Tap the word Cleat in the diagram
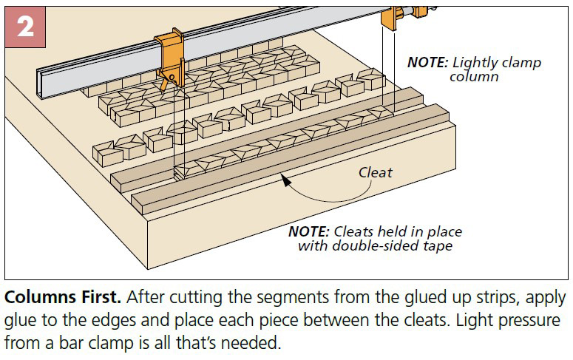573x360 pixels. click(375, 172)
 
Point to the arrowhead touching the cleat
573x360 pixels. click(285, 178)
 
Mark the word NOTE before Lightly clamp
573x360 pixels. click(427, 62)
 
